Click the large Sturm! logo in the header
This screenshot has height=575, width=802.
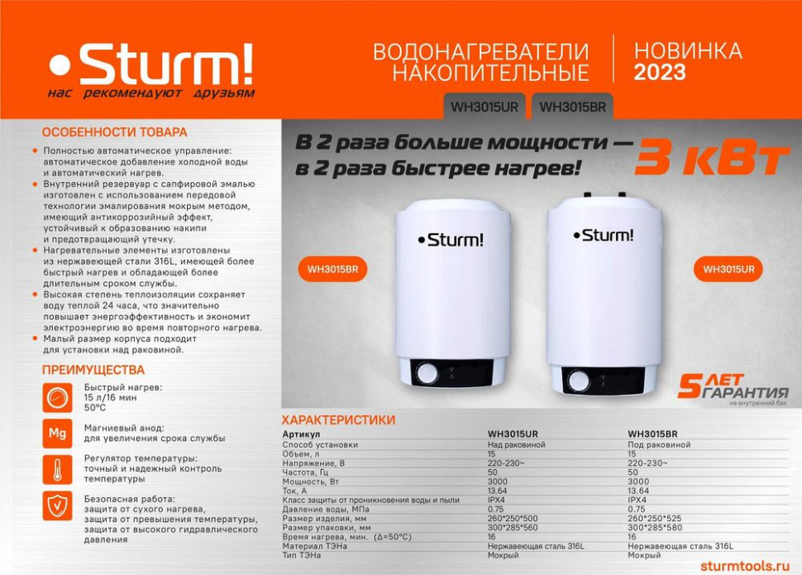pyautogui.click(x=151, y=65)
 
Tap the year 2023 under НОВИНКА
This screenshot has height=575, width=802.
pyautogui.click(x=660, y=72)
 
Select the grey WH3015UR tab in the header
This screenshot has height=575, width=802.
pyautogui.click(x=485, y=107)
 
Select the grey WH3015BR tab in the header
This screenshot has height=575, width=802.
pyautogui.click(x=572, y=107)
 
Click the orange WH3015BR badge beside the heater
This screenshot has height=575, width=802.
pyautogui.click(x=332, y=270)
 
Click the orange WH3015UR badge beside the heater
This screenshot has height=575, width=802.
pyautogui.click(x=728, y=270)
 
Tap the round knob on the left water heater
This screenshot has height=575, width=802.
pyautogui.click(x=427, y=373)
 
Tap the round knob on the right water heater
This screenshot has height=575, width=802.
pyautogui.click(x=579, y=381)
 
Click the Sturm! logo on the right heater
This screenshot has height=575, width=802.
pyautogui.click(x=604, y=235)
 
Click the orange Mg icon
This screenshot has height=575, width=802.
pyautogui.click(x=57, y=434)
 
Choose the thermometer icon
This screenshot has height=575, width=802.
pyautogui.click(x=57, y=469)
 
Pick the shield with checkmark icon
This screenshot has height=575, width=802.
pyautogui.click(x=57, y=506)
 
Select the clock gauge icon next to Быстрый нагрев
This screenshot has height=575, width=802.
pyautogui.click(x=57, y=397)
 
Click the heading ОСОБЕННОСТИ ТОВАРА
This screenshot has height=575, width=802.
pyautogui.click(x=115, y=132)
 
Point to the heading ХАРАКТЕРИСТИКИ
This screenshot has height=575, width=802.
pyautogui.click(x=339, y=419)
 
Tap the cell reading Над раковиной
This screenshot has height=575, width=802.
pyautogui.click(x=517, y=444)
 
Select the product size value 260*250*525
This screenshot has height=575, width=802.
pyautogui.click(x=655, y=518)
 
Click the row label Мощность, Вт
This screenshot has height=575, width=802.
pyautogui.click(x=311, y=482)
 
